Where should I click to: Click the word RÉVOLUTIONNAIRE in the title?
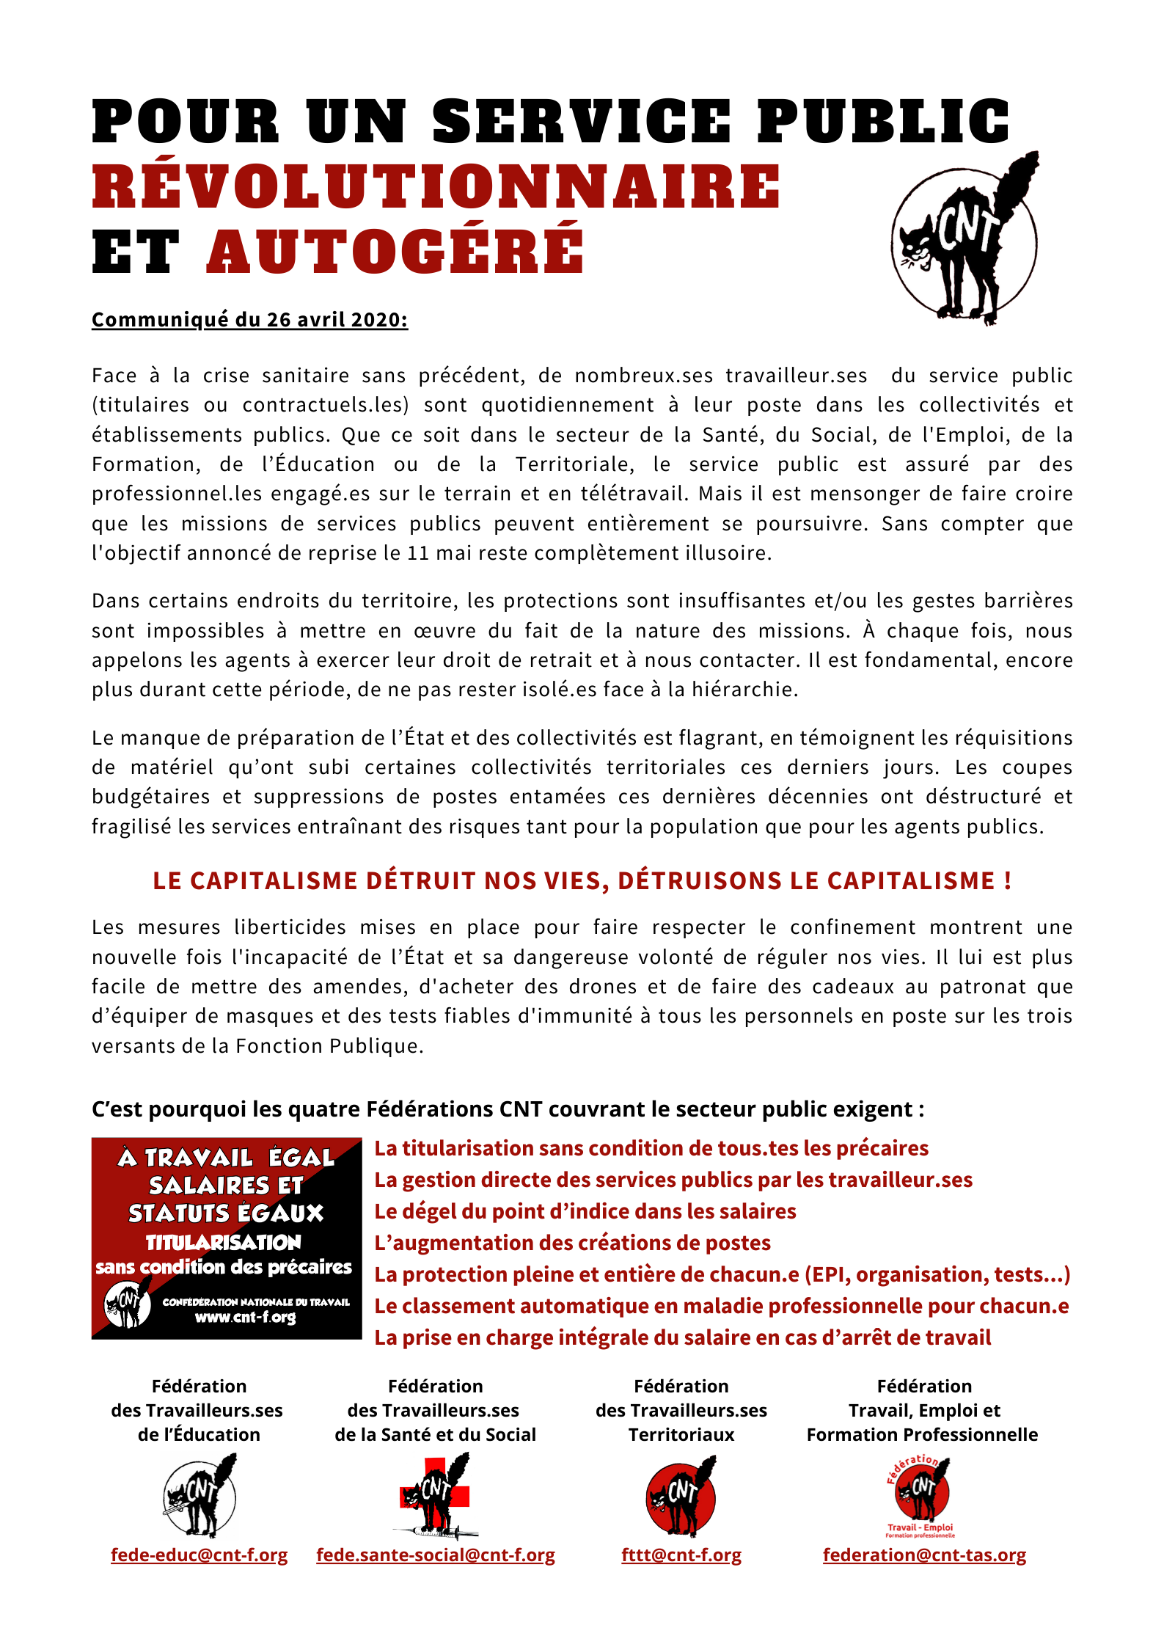[x=436, y=186]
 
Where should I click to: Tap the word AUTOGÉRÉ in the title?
[x=395, y=252]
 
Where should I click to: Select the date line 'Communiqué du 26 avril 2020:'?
[x=249, y=320]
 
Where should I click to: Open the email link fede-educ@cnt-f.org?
[x=199, y=1555]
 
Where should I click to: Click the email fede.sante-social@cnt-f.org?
[x=435, y=1555]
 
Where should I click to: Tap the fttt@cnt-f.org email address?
[x=681, y=1555]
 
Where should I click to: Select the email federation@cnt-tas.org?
[x=924, y=1555]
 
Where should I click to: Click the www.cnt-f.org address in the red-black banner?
[x=245, y=1317]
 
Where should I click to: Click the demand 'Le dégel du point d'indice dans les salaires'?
[x=585, y=1211]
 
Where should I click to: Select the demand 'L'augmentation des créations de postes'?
[x=572, y=1243]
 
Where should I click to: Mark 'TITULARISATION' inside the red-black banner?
[x=223, y=1243]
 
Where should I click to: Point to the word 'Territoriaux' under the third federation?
[x=681, y=1434]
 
